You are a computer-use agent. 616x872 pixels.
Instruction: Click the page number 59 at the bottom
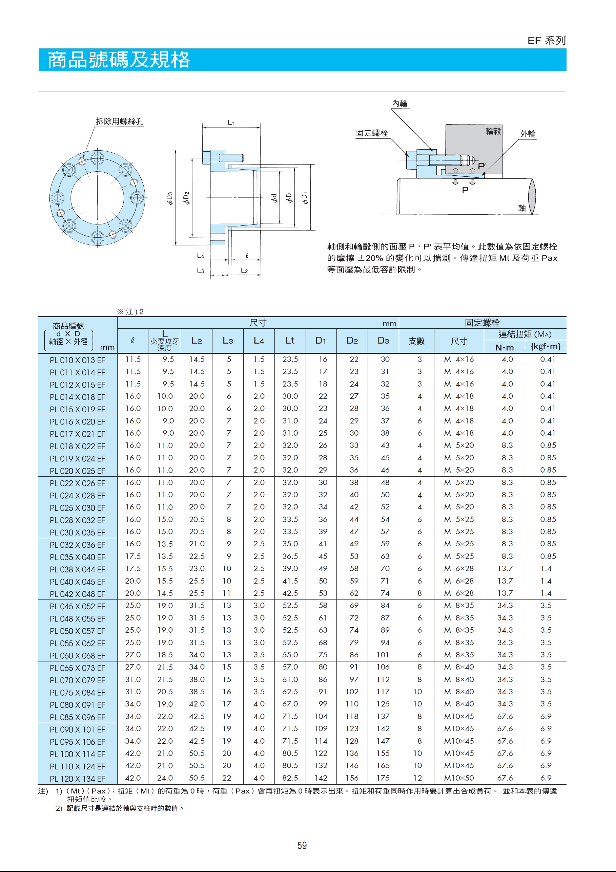[302, 845]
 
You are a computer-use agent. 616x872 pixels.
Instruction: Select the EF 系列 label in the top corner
[547, 41]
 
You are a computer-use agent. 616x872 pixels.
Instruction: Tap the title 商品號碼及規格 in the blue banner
[119, 60]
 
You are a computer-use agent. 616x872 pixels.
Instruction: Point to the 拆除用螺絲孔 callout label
[119, 122]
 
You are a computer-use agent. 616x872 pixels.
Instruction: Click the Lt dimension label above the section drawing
[231, 122]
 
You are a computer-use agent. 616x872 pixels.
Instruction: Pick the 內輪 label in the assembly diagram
[399, 104]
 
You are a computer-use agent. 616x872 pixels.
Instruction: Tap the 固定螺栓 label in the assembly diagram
[372, 133]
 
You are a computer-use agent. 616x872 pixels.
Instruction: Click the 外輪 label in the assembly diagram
[528, 134]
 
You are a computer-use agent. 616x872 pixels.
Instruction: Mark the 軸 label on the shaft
[522, 208]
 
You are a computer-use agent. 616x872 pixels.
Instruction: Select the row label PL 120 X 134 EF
[77, 779]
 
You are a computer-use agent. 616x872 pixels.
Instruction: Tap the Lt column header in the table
[290, 341]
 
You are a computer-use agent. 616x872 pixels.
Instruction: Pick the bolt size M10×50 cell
[459, 778]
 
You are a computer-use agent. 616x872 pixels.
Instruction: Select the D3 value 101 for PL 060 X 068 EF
[383, 655]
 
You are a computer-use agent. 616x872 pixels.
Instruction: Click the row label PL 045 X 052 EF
[77, 607]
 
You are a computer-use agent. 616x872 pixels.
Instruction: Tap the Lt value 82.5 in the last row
[290, 778]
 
